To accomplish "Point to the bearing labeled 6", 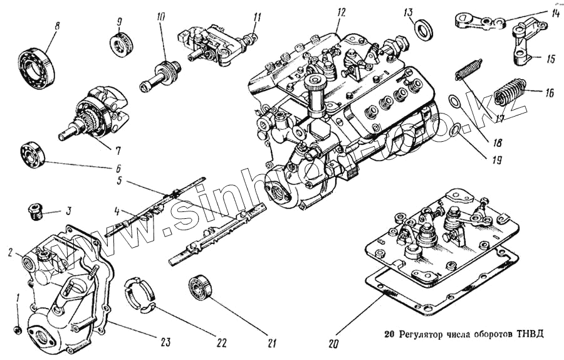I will coord(31,154).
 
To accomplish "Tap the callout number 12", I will coord(340,12).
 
